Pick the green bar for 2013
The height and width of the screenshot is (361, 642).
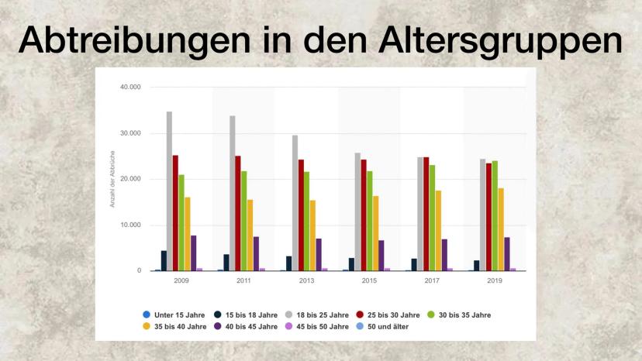[306, 221]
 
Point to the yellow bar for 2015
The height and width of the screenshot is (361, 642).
[375, 232]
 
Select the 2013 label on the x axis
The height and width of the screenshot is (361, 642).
[306, 280]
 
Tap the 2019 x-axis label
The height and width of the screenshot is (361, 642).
[494, 280]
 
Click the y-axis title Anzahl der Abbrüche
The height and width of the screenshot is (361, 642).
[112, 179]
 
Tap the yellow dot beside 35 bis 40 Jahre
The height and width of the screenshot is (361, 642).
[147, 326]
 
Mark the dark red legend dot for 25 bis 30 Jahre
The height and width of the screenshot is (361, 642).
[361, 315]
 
